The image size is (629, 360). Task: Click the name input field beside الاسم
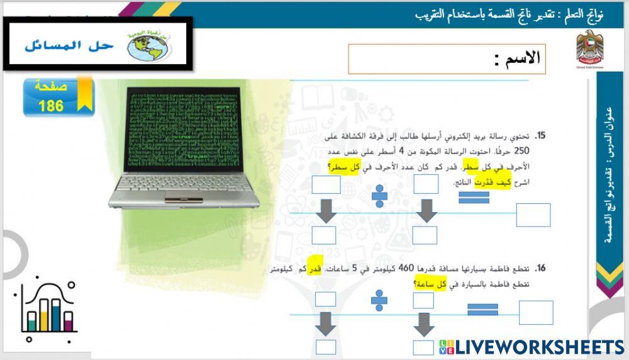[x=421, y=59]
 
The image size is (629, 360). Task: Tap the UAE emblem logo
[x=589, y=48]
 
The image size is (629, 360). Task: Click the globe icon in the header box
[x=148, y=45]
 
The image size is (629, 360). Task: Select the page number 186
[x=51, y=106]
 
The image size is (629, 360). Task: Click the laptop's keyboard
[x=182, y=185]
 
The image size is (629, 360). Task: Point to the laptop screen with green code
[x=182, y=129]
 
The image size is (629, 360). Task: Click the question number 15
[x=540, y=136]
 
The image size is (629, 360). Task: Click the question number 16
[x=540, y=269]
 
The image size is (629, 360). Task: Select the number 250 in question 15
[x=522, y=151]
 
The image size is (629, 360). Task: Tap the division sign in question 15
[x=379, y=196]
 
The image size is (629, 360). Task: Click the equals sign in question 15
[x=474, y=197]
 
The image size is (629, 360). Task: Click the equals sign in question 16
[x=482, y=309]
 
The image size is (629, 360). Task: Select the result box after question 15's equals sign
[x=533, y=215]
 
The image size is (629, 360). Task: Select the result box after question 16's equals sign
[x=535, y=313]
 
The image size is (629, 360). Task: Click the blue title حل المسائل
[x=70, y=45]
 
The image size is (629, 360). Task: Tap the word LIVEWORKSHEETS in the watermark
[x=540, y=347]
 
